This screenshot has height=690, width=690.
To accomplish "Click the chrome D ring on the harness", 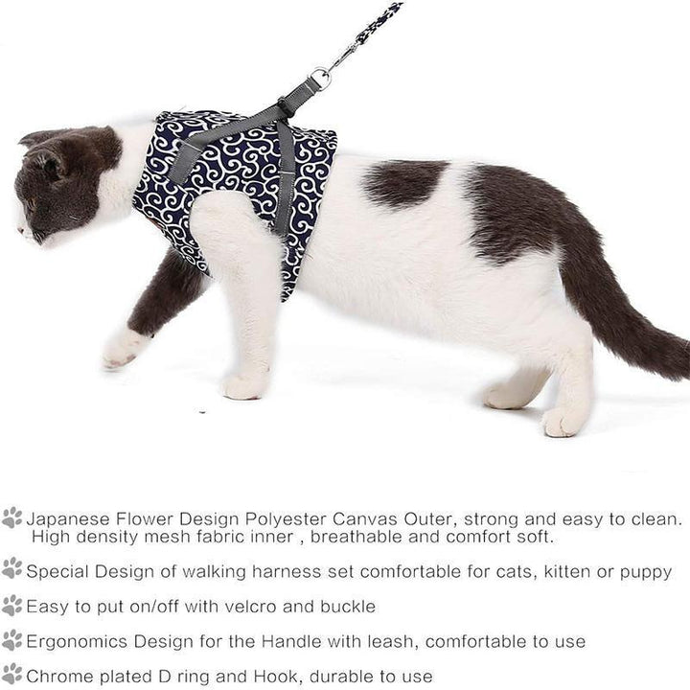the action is (321, 79).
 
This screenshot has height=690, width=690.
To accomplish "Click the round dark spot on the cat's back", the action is (402, 183).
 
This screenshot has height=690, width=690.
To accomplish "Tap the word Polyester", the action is (286, 519).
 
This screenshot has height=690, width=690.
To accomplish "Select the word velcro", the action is (251, 607).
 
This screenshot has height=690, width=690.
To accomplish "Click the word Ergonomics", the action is (77, 642).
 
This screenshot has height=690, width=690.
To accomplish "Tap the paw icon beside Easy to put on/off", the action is (12, 606).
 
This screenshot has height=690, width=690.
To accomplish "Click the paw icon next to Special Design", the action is (12, 568).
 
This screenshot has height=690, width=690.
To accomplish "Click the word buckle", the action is (348, 607).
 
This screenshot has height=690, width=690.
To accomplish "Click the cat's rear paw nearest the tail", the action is (564, 422).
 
